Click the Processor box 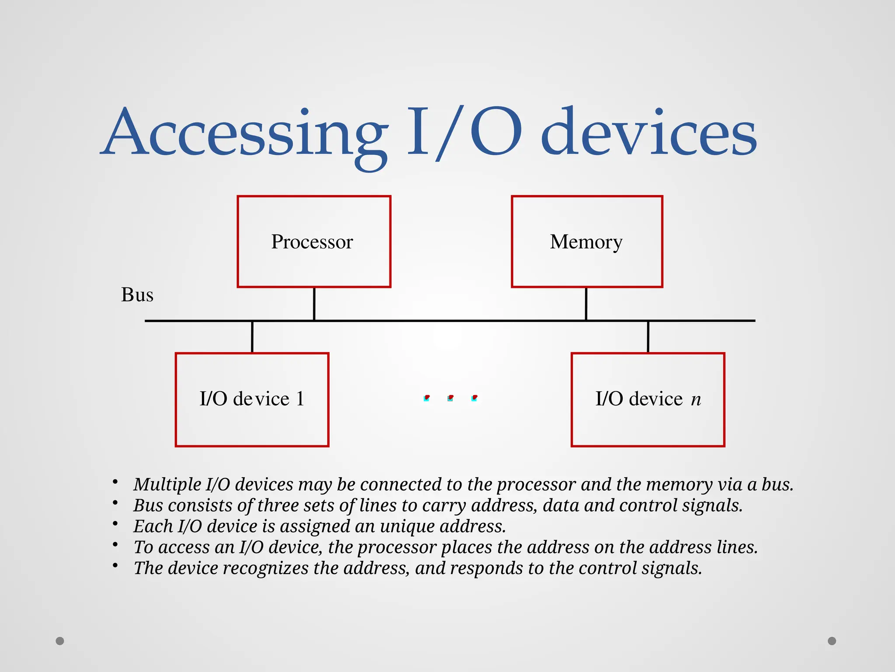tap(314, 241)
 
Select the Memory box tap(586, 241)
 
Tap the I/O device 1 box tap(252, 399)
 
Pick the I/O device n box tap(648, 399)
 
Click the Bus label tap(137, 295)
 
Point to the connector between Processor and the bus tap(314, 304)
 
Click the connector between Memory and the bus tap(586, 304)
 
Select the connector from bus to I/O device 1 tap(252, 337)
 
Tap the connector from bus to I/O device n tap(648, 337)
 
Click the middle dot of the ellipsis tap(451, 398)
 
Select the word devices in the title tap(649, 133)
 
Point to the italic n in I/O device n tap(696, 399)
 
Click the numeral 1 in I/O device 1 tap(300, 399)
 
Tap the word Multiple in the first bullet tap(167, 484)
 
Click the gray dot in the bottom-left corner tap(60, 641)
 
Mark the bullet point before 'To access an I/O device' tap(115, 545)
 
